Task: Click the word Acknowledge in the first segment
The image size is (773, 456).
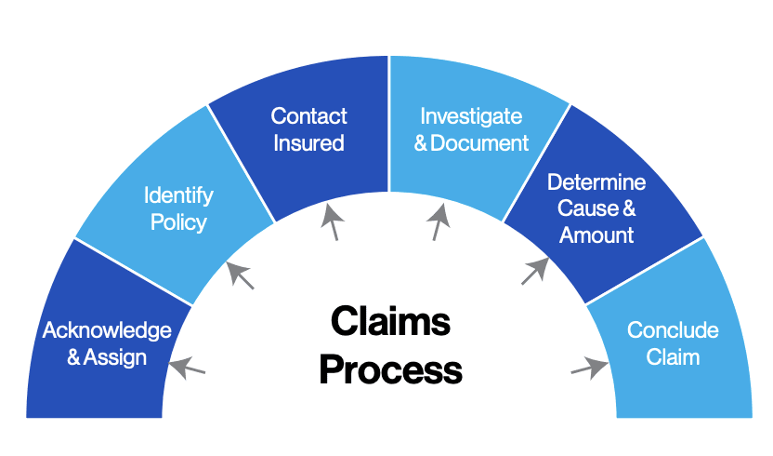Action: tap(107, 330)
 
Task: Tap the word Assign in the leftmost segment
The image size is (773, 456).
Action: tap(115, 356)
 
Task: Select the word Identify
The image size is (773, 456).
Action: tap(178, 195)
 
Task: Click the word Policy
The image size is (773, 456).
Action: tap(178, 222)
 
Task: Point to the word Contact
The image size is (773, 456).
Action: tap(309, 116)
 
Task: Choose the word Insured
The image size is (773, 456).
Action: tap(309, 143)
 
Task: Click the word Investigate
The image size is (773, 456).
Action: tap(471, 116)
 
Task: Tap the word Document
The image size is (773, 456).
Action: tap(480, 143)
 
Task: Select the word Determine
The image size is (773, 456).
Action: tap(596, 181)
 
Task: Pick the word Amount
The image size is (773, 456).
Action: tap(596, 235)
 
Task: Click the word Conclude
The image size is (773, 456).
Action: tap(673, 330)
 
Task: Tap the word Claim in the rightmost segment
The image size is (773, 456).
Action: tap(673, 356)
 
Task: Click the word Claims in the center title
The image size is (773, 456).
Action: tap(390, 323)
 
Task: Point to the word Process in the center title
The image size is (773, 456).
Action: tap(390, 369)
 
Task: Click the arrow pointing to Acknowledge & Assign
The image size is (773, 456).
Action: tap(188, 368)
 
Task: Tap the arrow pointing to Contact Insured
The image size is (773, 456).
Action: tap(332, 223)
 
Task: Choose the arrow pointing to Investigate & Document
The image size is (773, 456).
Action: tap(439, 223)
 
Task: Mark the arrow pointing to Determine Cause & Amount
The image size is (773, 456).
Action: tap(535, 271)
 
